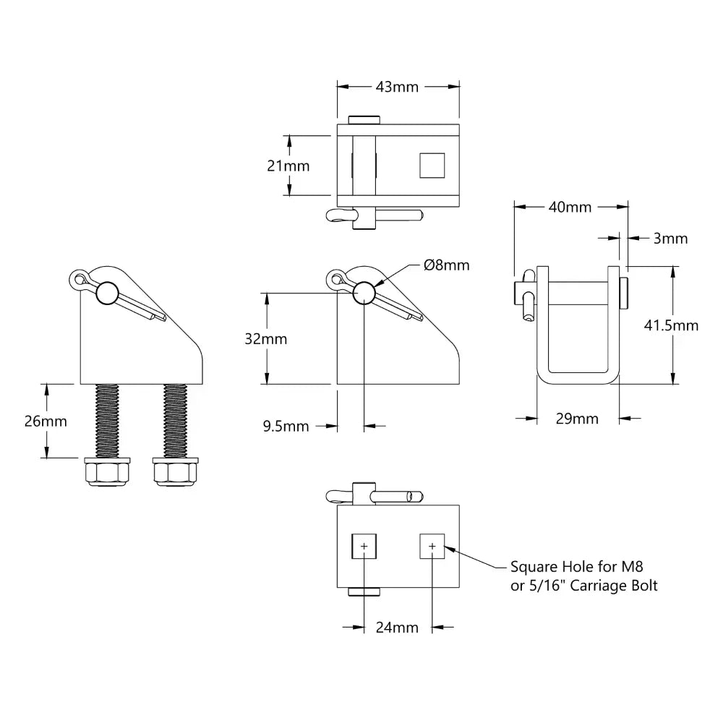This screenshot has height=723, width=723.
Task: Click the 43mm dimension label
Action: pos(398,87)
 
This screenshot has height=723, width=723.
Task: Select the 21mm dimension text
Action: pos(288,166)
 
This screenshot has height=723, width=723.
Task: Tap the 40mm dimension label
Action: pos(570,208)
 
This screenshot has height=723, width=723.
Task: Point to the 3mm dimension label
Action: pos(670,238)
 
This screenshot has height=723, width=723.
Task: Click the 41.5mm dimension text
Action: pos(671,325)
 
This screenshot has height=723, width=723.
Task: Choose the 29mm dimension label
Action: pos(577,418)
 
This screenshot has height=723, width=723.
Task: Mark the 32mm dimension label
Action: pos(265,338)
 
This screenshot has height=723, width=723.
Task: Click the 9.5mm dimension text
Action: pos(286,427)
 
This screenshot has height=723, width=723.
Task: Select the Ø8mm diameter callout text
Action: pos(446,265)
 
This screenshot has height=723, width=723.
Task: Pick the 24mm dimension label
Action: pos(397,628)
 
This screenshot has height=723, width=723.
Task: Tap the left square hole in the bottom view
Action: pos(363,546)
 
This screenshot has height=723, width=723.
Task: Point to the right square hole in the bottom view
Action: pos(432,546)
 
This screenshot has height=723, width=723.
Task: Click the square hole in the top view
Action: pos(432,166)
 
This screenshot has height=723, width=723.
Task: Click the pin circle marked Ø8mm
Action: pos(363,292)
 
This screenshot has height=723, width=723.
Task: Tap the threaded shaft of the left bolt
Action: pos(106,419)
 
